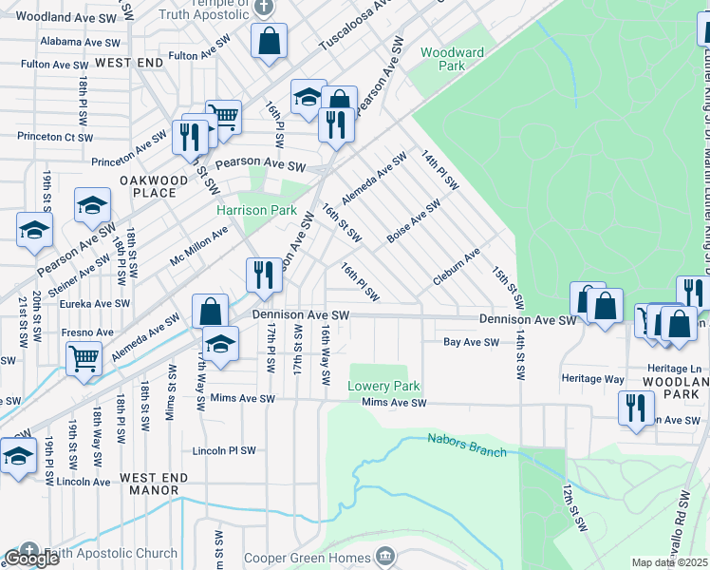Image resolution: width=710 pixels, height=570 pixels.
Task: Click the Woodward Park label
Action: [452, 59]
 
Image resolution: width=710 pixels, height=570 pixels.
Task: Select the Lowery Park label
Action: [383, 386]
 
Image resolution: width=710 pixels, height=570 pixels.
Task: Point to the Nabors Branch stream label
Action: [466, 445]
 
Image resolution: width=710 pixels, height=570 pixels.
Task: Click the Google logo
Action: [31, 559]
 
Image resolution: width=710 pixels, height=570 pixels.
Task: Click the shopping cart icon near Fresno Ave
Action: [84, 359]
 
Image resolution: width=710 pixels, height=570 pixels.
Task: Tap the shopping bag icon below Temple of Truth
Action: [270, 41]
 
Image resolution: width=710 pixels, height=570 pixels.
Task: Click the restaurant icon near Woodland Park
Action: [635, 407]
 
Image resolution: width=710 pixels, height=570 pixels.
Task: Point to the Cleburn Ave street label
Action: [457, 267]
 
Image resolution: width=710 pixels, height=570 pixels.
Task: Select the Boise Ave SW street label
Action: [414, 219]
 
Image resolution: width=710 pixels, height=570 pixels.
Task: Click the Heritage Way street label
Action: [594, 379]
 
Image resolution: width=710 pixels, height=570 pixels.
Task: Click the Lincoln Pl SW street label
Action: [224, 450]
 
